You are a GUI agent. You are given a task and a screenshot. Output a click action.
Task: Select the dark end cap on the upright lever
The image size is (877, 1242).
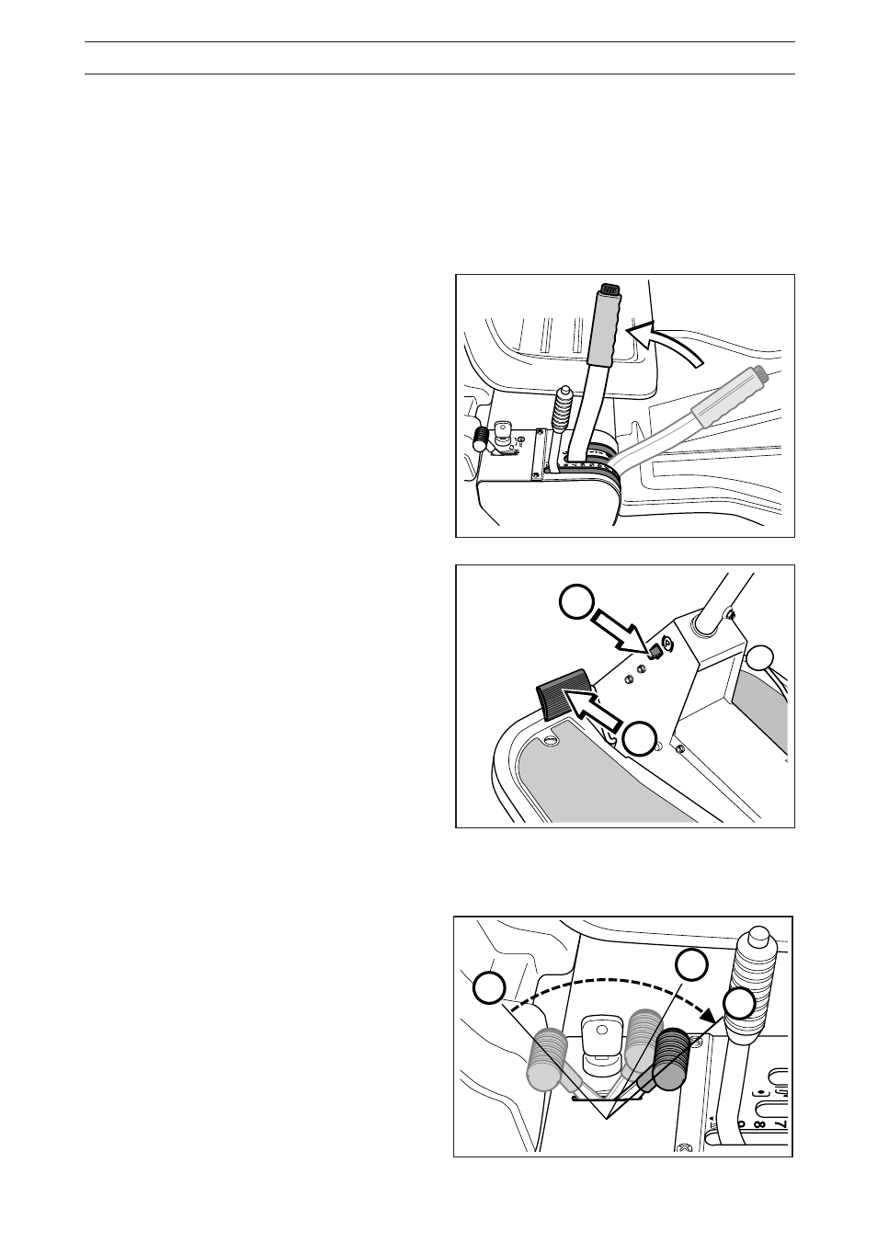pos(610,290)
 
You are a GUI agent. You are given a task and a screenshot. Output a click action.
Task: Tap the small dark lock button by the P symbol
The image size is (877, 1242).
pos(655,653)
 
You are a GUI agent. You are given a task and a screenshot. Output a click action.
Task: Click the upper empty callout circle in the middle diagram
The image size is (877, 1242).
pos(575,603)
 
